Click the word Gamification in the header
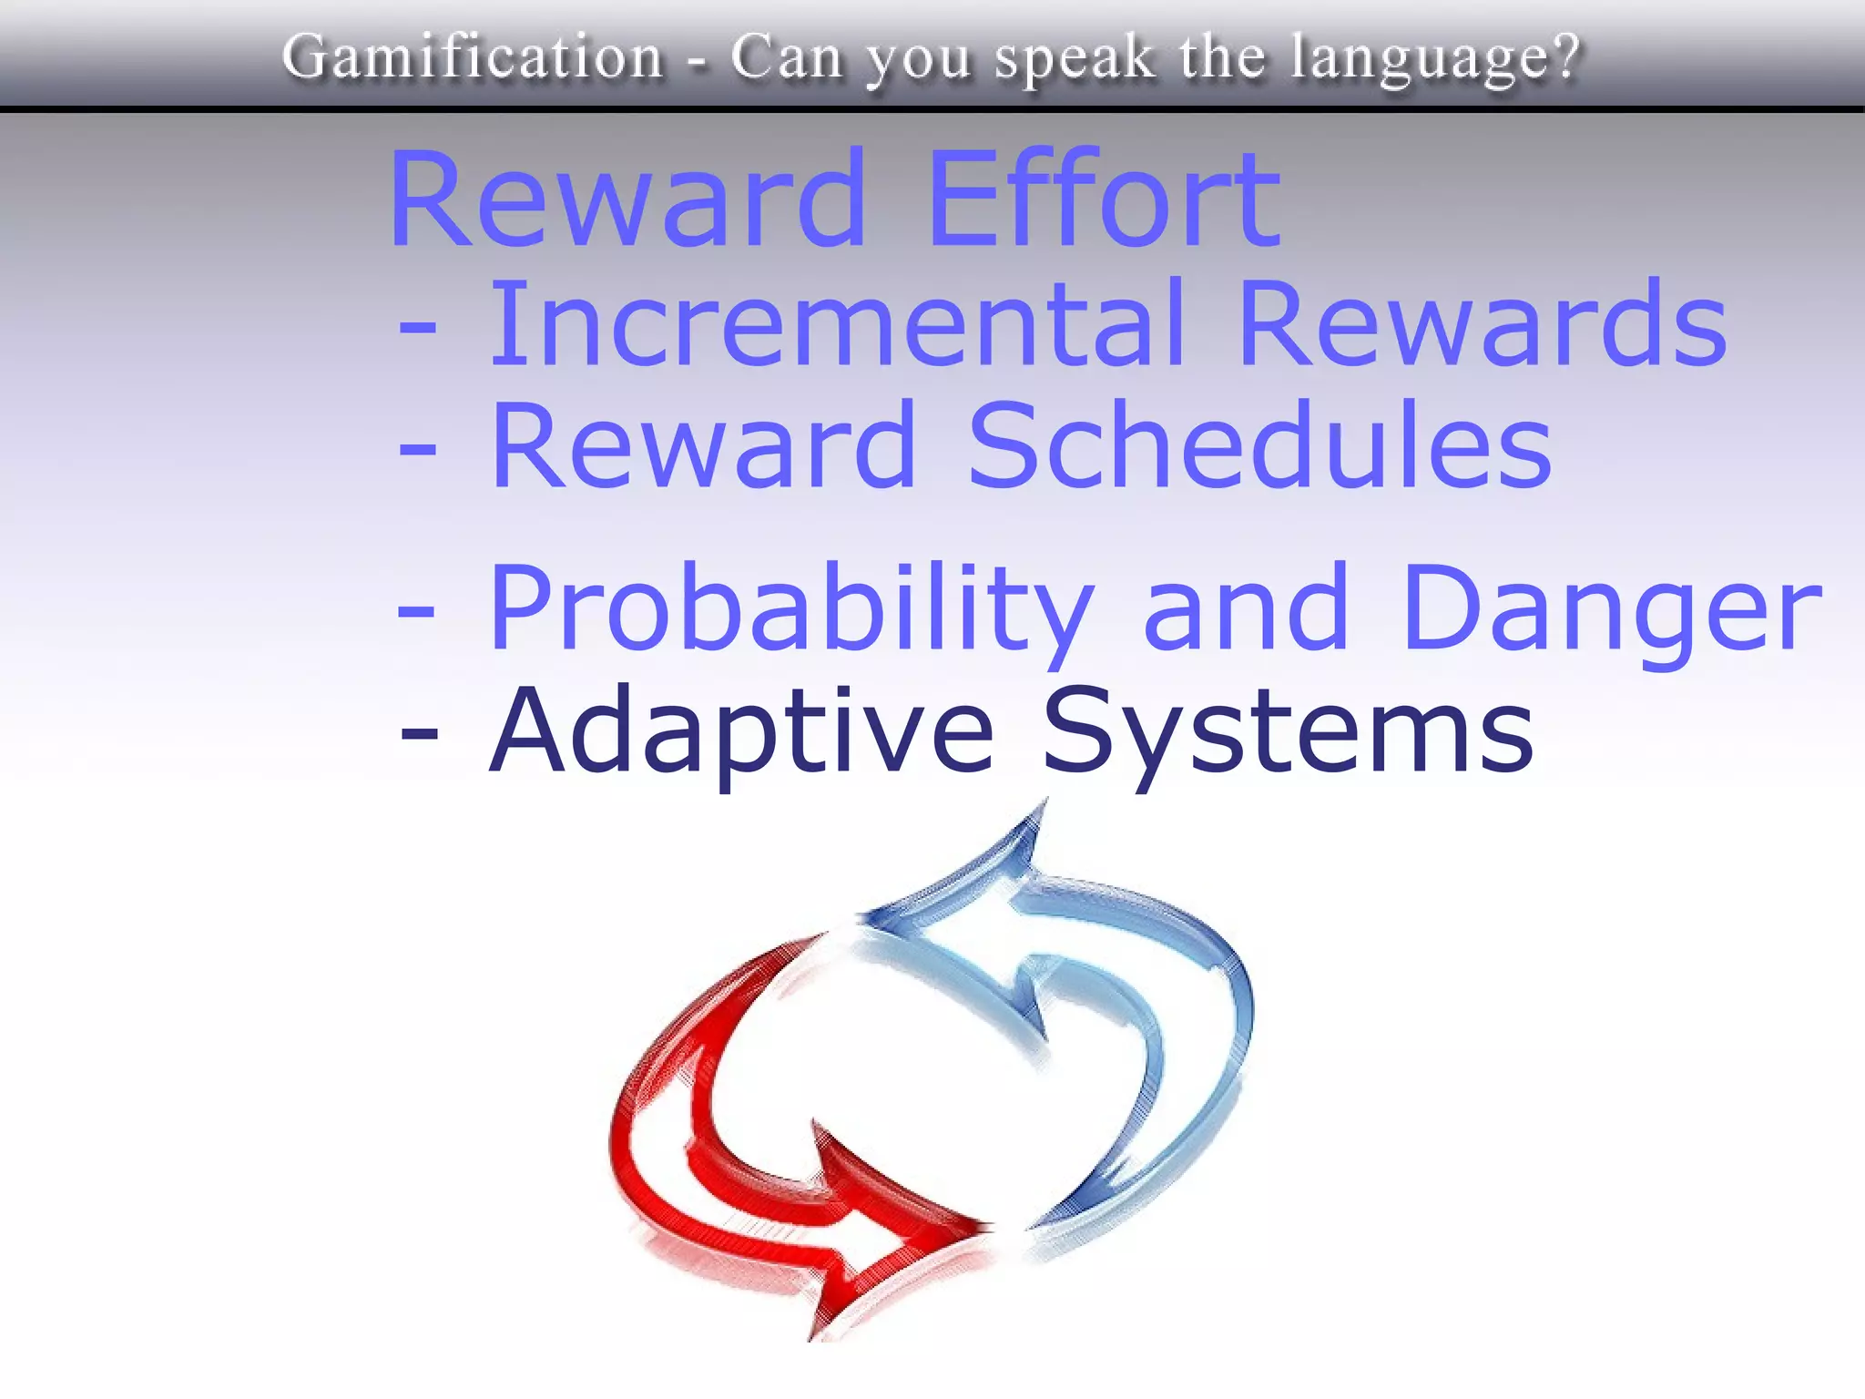pyautogui.click(x=473, y=56)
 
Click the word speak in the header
pyautogui.click(x=1075, y=58)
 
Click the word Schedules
pyautogui.click(x=1259, y=445)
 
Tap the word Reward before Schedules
pyautogui.click(x=703, y=445)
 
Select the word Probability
pyautogui.click(x=790, y=608)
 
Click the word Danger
pyautogui.click(x=1612, y=608)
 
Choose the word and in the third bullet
pyautogui.click(x=1245, y=608)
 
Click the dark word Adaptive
pyautogui.click(x=741, y=730)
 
